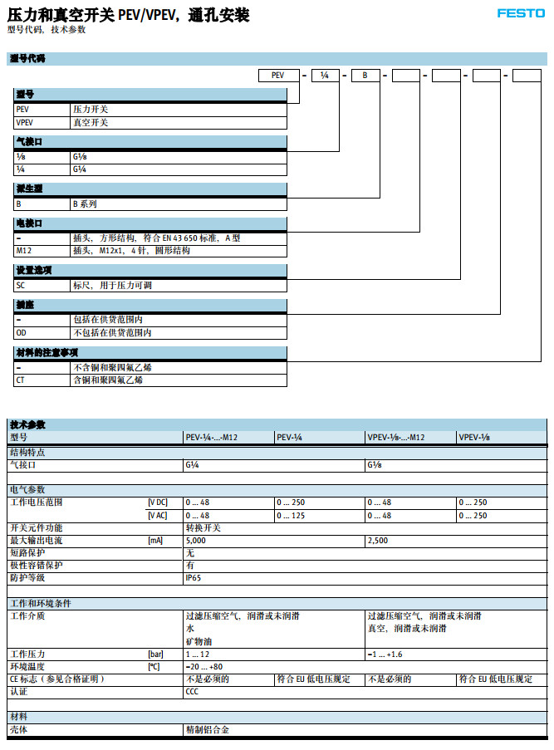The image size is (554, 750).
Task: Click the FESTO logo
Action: (x=520, y=13)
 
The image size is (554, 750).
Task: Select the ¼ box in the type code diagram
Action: (x=324, y=76)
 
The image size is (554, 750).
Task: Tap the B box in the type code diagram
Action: (x=365, y=76)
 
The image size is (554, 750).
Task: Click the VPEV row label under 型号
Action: (x=25, y=123)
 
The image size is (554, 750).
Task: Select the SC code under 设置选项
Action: (x=21, y=285)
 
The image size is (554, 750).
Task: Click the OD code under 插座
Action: (x=22, y=332)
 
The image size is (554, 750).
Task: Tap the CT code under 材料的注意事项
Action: (x=21, y=380)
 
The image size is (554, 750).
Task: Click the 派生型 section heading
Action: (x=30, y=188)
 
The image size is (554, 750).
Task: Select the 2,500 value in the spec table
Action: (x=379, y=541)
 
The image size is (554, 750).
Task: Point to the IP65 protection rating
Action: (x=193, y=577)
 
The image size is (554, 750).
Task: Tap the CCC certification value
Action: (x=192, y=691)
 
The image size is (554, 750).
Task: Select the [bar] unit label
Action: (x=155, y=654)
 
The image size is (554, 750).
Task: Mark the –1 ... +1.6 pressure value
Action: (x=385, y=654)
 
